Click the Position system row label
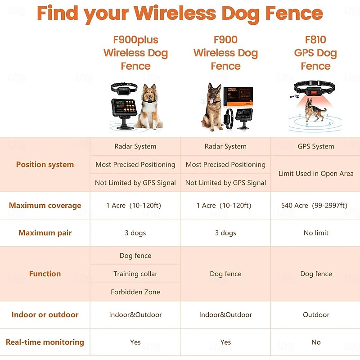click(45, 165)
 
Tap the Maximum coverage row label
click(45, 206)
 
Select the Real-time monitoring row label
click(45, 342)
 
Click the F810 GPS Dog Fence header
click(315, 53)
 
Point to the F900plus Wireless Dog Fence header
click(135, 53)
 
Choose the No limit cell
click(316, 233)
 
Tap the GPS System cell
click(316, 146)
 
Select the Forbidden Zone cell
click(135, 292)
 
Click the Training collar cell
click(135, 274)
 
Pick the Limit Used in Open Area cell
click(316, 174)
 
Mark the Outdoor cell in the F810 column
click(316, 315)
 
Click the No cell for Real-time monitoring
click(316, 342)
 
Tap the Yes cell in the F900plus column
click(135, 342)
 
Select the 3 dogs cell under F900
click(225, 233)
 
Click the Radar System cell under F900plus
click(135, 146)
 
